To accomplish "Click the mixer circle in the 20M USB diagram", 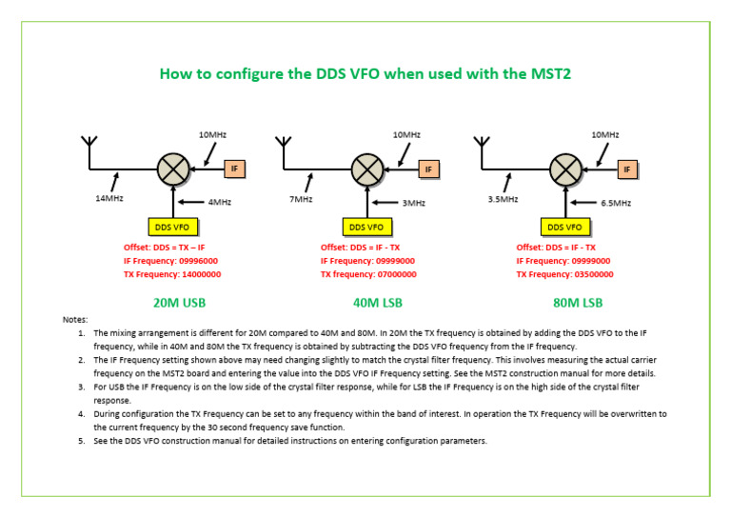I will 172,169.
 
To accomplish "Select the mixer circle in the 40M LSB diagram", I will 366,169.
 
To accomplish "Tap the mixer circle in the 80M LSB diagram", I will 566,169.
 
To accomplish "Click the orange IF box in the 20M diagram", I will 235,169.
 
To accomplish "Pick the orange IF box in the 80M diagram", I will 625,169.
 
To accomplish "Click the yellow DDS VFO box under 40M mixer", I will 366,227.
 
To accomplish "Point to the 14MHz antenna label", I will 109,198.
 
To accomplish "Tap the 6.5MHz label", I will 615,203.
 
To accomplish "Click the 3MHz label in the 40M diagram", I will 414,203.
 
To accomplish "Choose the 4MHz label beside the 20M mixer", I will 220,202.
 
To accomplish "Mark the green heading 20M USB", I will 179,303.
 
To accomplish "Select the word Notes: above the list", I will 75,320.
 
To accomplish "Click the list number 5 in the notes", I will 82,441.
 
